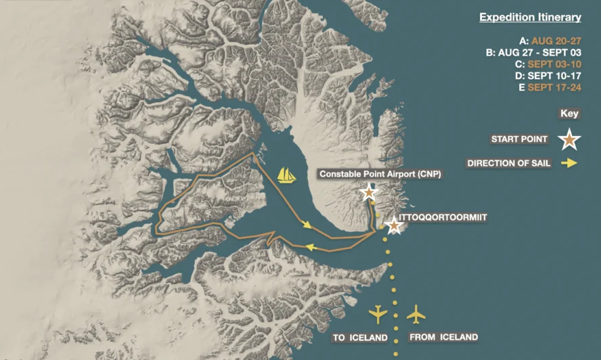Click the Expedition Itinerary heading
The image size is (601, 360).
click(x=530, y=18)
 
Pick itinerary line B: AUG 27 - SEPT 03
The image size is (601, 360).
click(x=537, y=52)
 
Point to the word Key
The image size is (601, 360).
click(x=569, y=114)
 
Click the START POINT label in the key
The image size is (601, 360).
click(x=519, y=139)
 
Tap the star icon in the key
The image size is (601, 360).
click(x=569, y=139)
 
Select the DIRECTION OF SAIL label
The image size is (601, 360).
click(x=509, y=163)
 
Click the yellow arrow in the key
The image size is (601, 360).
click(x=569, y=163)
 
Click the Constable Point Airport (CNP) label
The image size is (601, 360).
click(x=380, y=174)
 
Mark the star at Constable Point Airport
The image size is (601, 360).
click(x=368, y=193)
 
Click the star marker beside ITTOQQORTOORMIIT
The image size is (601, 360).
click(x=393, y=226)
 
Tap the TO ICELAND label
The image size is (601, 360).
click(x=359, y=337)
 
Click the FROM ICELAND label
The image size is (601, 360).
click(x=443, y=337)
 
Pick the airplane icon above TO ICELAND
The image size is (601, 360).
click(x=378, y=315)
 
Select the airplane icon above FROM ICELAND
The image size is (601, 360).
click(x=416, y=315)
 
